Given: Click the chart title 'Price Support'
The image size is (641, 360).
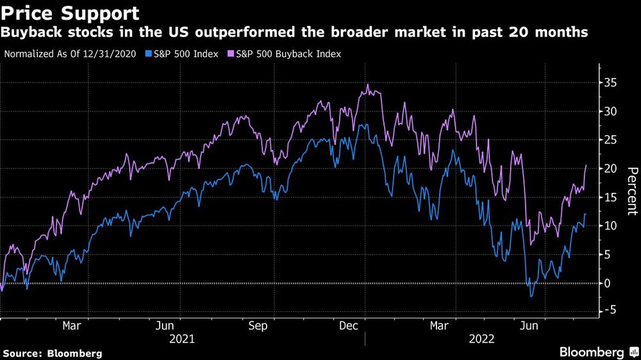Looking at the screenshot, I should (70, 13).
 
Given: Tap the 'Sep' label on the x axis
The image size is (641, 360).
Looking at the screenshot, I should (258, 326).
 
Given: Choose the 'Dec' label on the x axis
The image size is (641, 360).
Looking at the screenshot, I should (348, 326).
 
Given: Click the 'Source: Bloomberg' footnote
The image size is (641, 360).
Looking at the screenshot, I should (52, 353).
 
